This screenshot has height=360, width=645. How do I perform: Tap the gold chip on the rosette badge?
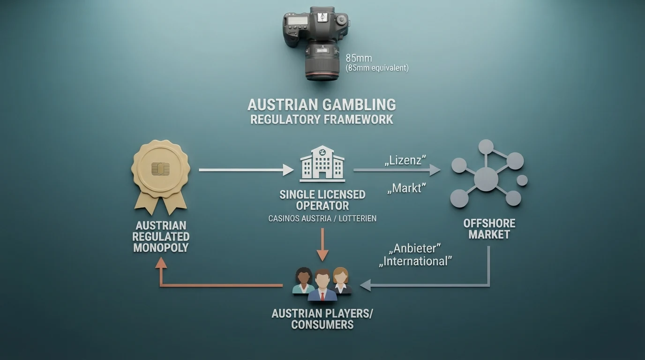(161, 169)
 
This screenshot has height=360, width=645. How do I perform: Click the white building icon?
(322, 164)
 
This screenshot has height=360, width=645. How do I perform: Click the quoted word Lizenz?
(405, 160)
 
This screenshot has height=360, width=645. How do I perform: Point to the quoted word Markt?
(406, 188)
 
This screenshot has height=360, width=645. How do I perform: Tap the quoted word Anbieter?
(415, 248)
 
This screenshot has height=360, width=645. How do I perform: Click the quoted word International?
(415, 261)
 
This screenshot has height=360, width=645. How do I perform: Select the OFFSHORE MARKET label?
(489, 229)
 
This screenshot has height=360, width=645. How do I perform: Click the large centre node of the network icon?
(486, 180)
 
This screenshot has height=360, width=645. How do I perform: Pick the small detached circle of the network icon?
(522, 180)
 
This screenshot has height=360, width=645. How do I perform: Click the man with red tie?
(322, 285)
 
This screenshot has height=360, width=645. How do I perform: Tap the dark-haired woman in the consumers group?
(303, 280)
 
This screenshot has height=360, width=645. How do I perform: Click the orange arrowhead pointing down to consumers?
(322, 256)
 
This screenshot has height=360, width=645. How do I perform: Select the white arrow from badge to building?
(246, 170)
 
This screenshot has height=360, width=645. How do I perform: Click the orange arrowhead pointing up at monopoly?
(161, 262)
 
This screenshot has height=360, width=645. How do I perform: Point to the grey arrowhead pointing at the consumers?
(365, 285)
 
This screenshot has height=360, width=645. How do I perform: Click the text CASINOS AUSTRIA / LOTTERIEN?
(322, 218)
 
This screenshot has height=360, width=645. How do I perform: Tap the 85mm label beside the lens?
(359, 58)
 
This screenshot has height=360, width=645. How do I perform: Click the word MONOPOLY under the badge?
(161, 247)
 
